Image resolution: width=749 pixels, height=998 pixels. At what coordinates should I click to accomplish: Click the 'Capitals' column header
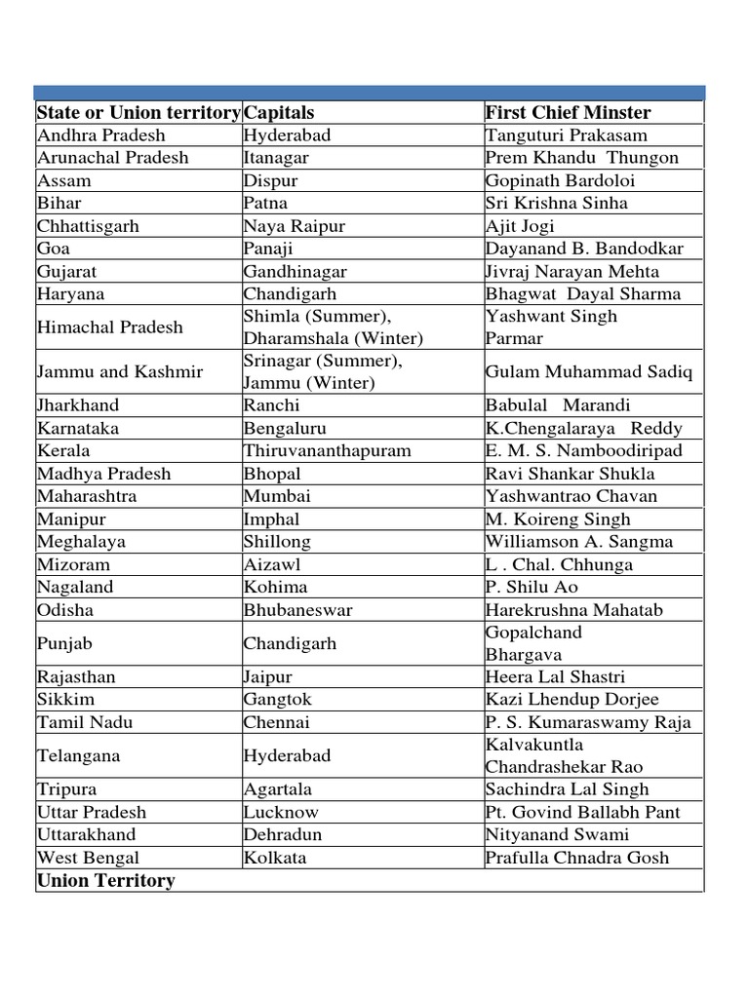[x=279, y=113]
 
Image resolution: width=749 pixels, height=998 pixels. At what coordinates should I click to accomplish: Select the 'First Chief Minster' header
[x=568, y=113]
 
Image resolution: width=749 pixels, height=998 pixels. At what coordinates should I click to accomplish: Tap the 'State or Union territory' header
[x=138, y=113]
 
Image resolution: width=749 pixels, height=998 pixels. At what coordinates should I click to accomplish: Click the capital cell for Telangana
[x=288, y=755]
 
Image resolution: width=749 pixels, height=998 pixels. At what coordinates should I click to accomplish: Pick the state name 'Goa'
[x=54, y=249]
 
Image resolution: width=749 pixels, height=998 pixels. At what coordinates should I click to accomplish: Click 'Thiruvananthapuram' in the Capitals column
[x=328, y=451]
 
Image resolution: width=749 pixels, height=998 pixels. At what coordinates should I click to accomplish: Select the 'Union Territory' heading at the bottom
[x=106, y=881]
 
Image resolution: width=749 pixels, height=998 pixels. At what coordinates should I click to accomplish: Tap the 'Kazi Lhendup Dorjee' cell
[x=572, y=700]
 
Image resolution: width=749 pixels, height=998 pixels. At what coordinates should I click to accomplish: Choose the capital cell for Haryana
[x=291, y=294]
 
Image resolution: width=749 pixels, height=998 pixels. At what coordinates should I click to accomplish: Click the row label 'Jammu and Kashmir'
[x=120, y=372]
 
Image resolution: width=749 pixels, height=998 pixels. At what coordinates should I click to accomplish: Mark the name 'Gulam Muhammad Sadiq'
[x=589, y=372]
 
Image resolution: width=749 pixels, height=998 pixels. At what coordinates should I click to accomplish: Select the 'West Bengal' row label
[x=88, y=858]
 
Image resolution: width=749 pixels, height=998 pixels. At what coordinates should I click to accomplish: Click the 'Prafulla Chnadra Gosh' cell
[x=577, y=858]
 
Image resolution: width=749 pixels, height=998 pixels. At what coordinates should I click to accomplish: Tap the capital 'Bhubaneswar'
[x=298, y=610]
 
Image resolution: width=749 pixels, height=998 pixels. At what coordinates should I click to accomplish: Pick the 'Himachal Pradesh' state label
[x=110, y=327]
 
